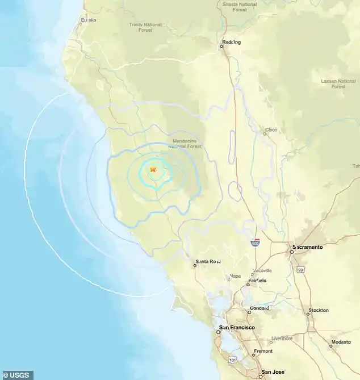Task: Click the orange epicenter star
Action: [153, 169]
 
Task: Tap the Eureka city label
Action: [88, 20]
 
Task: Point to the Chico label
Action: [271, 130]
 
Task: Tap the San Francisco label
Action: [237, 328]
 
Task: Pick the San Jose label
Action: [273, 373]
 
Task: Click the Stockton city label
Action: [317, 311]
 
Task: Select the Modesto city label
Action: [341, 342]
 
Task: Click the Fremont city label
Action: [262, 351]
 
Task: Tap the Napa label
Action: [234, 277]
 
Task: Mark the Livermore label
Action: [282, 338]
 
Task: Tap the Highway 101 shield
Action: [232, 359]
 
